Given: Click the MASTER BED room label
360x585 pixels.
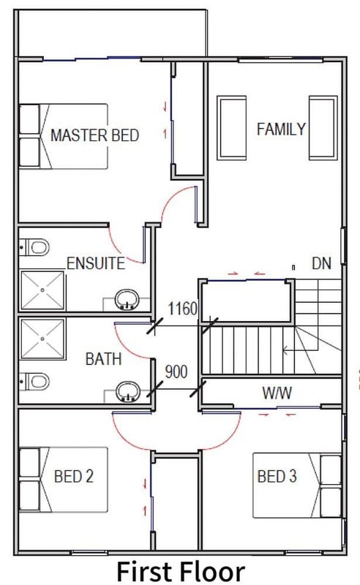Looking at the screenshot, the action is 95,135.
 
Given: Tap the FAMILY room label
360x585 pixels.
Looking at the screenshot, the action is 281,129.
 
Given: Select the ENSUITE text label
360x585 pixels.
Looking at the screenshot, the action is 96,263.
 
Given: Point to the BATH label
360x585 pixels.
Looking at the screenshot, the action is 104,359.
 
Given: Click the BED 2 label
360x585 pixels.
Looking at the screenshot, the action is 74,476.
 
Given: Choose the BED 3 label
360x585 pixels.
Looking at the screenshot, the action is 277,476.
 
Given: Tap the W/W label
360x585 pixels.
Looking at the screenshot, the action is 277,393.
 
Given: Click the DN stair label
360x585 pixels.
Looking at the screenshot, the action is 321,263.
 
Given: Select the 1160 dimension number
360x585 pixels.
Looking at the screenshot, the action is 182,309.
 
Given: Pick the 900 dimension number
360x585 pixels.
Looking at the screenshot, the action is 176,371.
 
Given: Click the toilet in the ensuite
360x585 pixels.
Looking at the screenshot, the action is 34,247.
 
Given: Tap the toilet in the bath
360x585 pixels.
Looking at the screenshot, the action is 34,382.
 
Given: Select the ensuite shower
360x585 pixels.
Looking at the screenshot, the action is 42,290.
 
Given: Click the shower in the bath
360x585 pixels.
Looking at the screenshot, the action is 42,339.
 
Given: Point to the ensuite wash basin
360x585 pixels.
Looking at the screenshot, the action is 127,301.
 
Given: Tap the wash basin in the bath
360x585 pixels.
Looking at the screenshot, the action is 128,392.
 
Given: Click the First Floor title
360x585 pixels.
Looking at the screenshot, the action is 181,571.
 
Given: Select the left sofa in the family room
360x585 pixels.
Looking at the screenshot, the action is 231,128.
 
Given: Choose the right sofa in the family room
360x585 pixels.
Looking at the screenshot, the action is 323,128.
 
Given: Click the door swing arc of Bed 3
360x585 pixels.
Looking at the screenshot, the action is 230,439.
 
